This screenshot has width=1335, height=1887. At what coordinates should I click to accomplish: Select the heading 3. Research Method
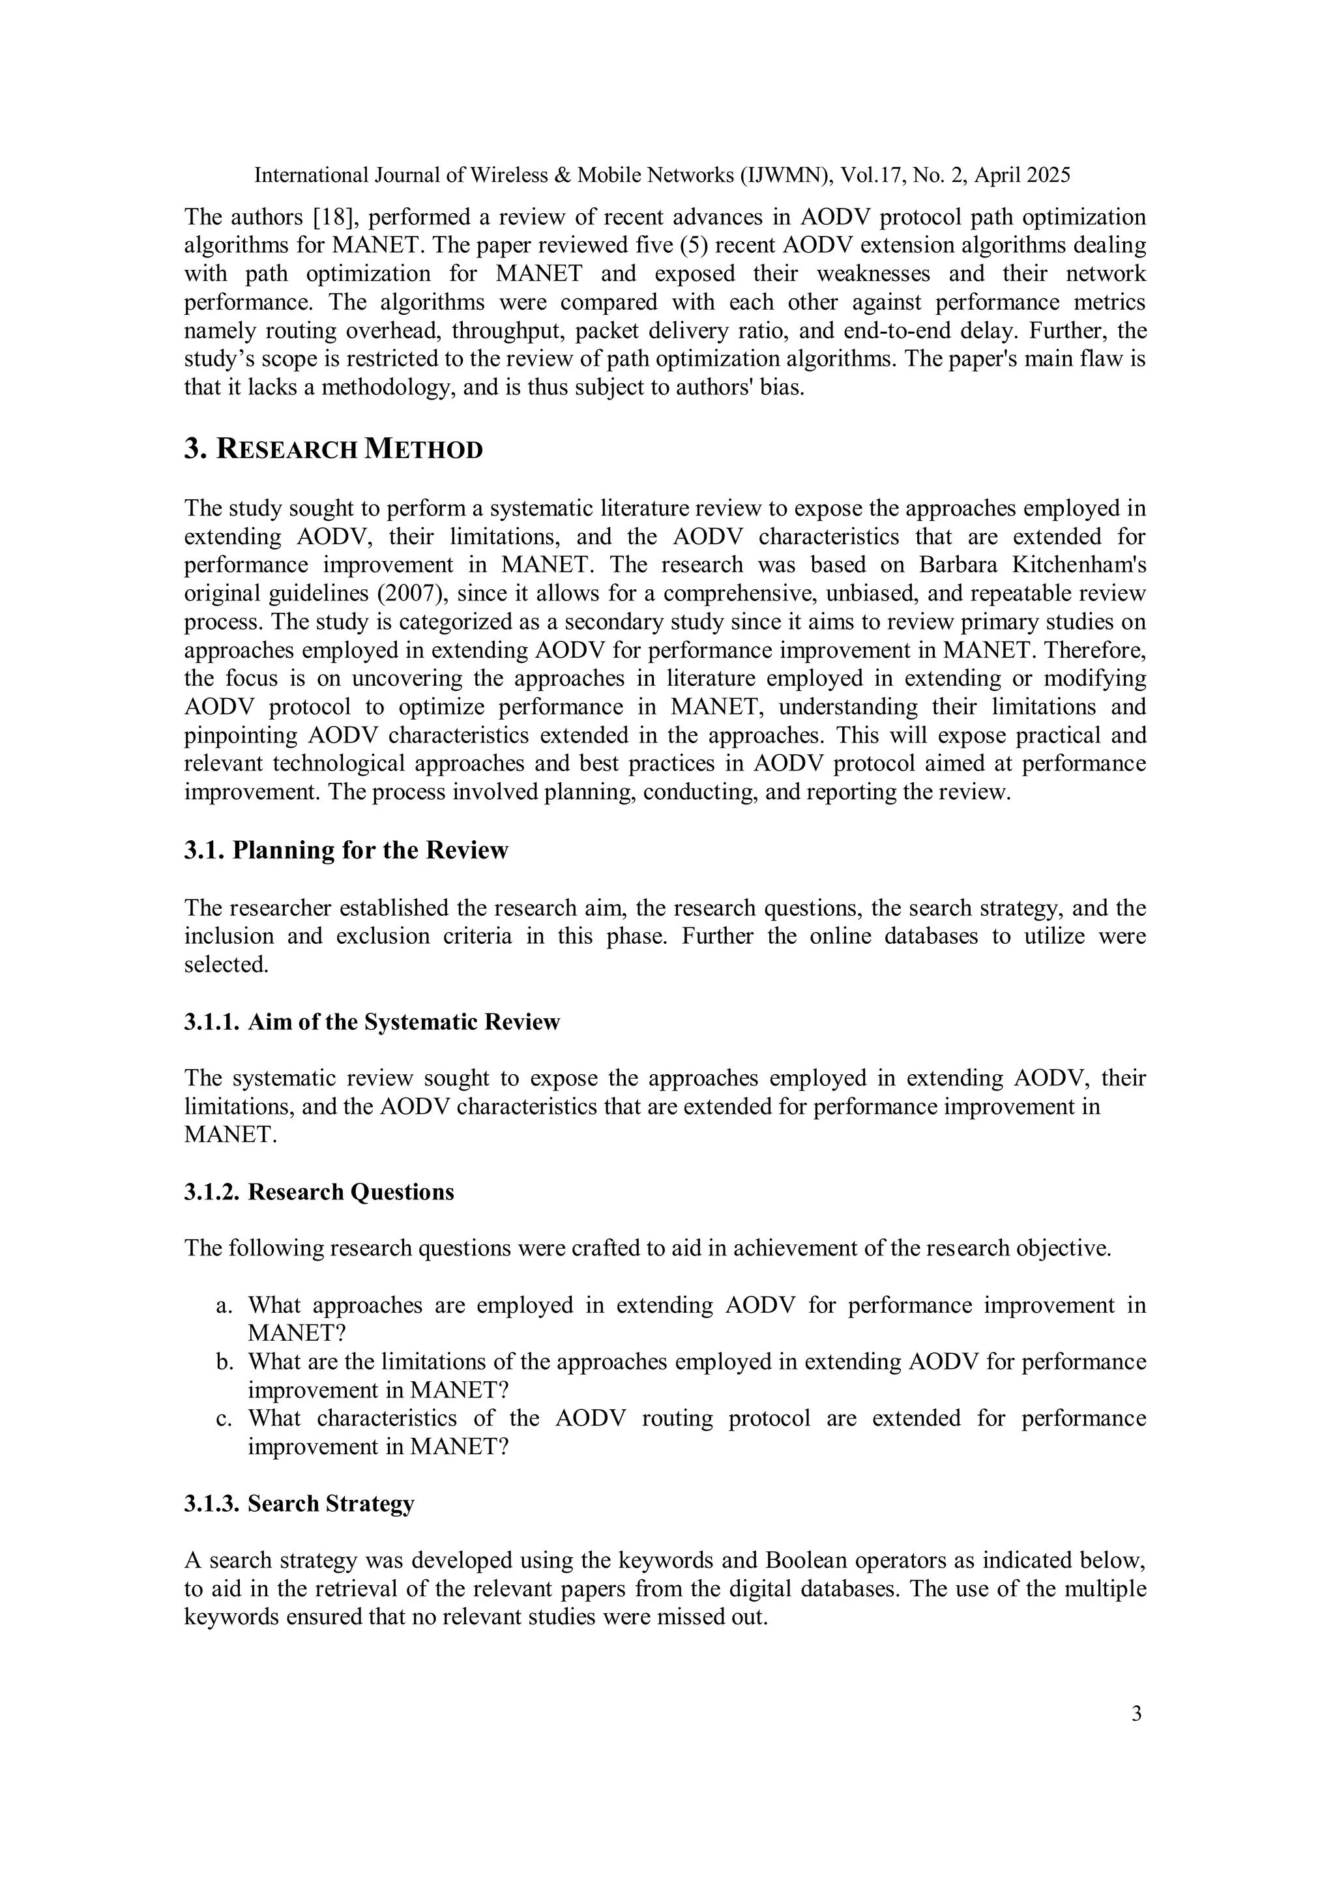point(333,450)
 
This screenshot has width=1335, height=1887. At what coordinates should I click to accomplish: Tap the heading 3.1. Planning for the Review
point(345,850)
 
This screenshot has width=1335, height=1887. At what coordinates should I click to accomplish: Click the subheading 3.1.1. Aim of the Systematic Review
point(372,1021)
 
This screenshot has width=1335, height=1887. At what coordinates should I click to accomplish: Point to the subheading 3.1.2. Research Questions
point(319,1192)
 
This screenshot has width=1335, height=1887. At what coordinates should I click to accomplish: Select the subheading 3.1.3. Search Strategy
point(299,1503)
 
